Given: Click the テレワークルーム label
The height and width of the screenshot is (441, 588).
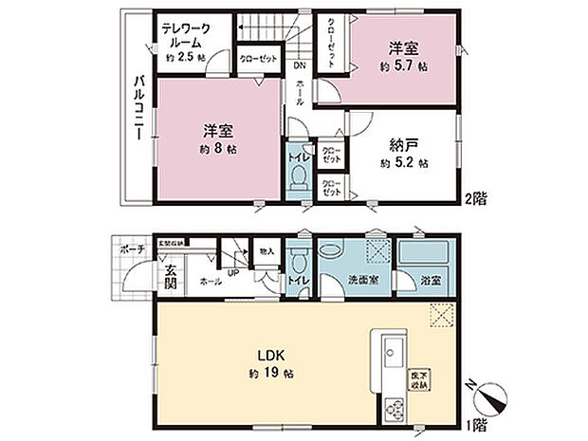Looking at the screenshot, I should click(193, 35).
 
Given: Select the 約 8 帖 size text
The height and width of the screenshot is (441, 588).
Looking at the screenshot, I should click(219, 150).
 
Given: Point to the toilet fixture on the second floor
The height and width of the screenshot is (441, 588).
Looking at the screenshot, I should click(298, 177).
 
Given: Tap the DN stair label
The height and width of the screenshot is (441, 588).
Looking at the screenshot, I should click(299, 65).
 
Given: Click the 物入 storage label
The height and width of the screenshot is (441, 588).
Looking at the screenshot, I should click(266, 250).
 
